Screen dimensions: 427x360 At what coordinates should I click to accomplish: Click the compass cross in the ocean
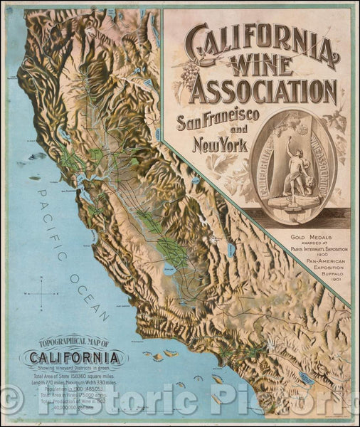44,292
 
